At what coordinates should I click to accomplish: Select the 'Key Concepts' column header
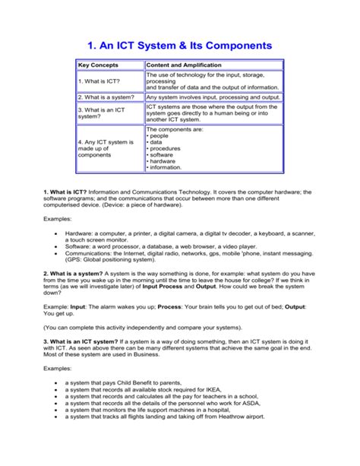click(95, 67)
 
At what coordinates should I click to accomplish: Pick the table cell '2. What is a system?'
click(106, 97)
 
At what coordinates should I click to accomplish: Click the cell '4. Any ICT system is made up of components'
click(106, 148)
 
